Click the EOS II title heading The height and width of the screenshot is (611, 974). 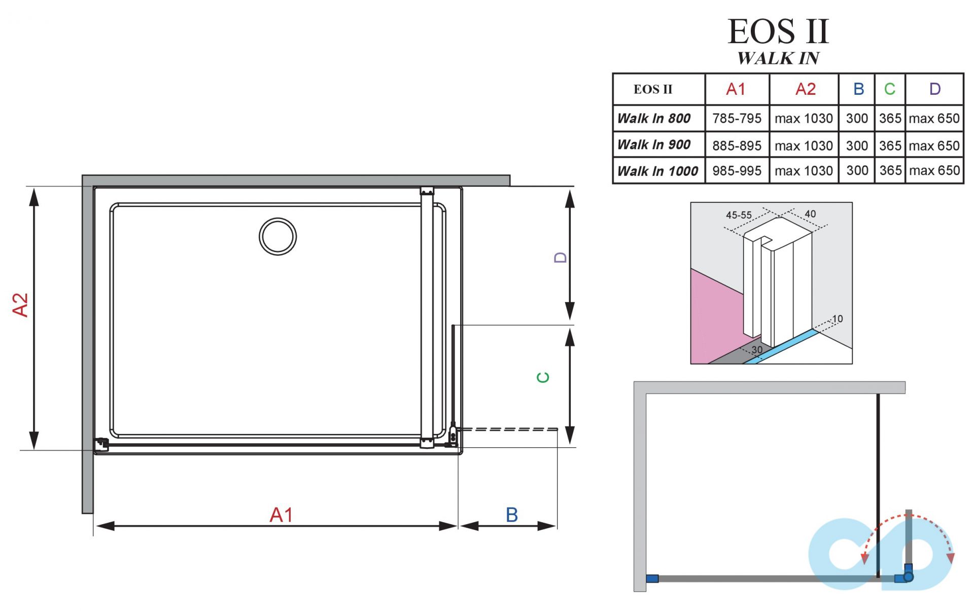778,31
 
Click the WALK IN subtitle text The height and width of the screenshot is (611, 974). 778,58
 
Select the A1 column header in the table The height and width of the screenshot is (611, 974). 736,89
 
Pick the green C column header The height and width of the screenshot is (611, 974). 889,89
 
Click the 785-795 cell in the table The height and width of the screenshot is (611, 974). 737,119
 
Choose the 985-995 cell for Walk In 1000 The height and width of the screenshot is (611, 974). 737,171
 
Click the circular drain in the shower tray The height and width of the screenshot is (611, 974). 277,236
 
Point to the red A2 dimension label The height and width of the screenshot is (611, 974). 20,305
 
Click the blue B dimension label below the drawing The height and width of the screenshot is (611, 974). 511,515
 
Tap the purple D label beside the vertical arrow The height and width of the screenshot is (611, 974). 560,258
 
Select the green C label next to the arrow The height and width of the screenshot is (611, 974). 543,377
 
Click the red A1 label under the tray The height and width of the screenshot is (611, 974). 281,515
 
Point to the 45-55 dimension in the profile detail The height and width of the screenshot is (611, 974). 739,215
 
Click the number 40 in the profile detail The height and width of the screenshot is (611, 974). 810,214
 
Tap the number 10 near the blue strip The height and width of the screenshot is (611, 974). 837,319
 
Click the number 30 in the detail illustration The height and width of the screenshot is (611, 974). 757,350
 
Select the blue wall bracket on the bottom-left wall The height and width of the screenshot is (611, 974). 652,579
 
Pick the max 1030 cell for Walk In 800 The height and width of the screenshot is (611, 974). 804,119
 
